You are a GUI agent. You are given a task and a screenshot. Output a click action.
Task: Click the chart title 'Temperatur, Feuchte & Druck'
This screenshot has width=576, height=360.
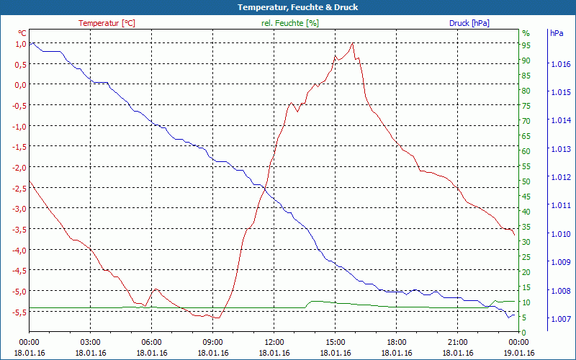click(288, 7)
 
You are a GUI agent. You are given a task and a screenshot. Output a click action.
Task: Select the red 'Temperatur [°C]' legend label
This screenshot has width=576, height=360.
click(107, 23)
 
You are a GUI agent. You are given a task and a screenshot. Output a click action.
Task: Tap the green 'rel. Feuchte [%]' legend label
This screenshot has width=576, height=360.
click(289, 23)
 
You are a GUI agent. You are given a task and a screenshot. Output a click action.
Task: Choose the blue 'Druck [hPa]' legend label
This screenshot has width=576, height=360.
click(469, 23)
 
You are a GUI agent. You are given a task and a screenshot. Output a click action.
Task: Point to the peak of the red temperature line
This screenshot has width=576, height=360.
click(353, 43)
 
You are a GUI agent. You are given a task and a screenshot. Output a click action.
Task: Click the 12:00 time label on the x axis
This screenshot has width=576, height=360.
click(274, 342)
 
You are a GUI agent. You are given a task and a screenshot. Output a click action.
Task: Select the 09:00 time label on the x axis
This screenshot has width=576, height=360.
click(213, 342)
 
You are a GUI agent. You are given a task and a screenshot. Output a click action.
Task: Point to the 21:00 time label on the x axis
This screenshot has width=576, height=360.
click(458, 342)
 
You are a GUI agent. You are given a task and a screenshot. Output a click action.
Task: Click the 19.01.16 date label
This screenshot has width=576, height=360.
click(519, 353)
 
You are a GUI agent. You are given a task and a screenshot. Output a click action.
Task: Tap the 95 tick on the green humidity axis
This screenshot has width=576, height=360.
click(526, 45)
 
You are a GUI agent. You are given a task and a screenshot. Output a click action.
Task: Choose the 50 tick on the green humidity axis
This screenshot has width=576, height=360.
click(526, 181)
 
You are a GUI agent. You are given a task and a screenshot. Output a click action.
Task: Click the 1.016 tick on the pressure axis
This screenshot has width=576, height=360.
click(560, 65)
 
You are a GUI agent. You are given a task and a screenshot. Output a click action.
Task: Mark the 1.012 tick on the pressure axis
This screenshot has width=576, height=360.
click(560, 177)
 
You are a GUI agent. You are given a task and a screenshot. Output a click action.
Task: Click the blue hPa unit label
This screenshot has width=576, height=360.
click(557, 33)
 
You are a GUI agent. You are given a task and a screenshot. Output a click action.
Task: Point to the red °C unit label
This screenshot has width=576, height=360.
click(22, 33)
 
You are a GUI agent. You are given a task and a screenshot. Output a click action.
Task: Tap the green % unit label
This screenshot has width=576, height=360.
click(526, 33)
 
